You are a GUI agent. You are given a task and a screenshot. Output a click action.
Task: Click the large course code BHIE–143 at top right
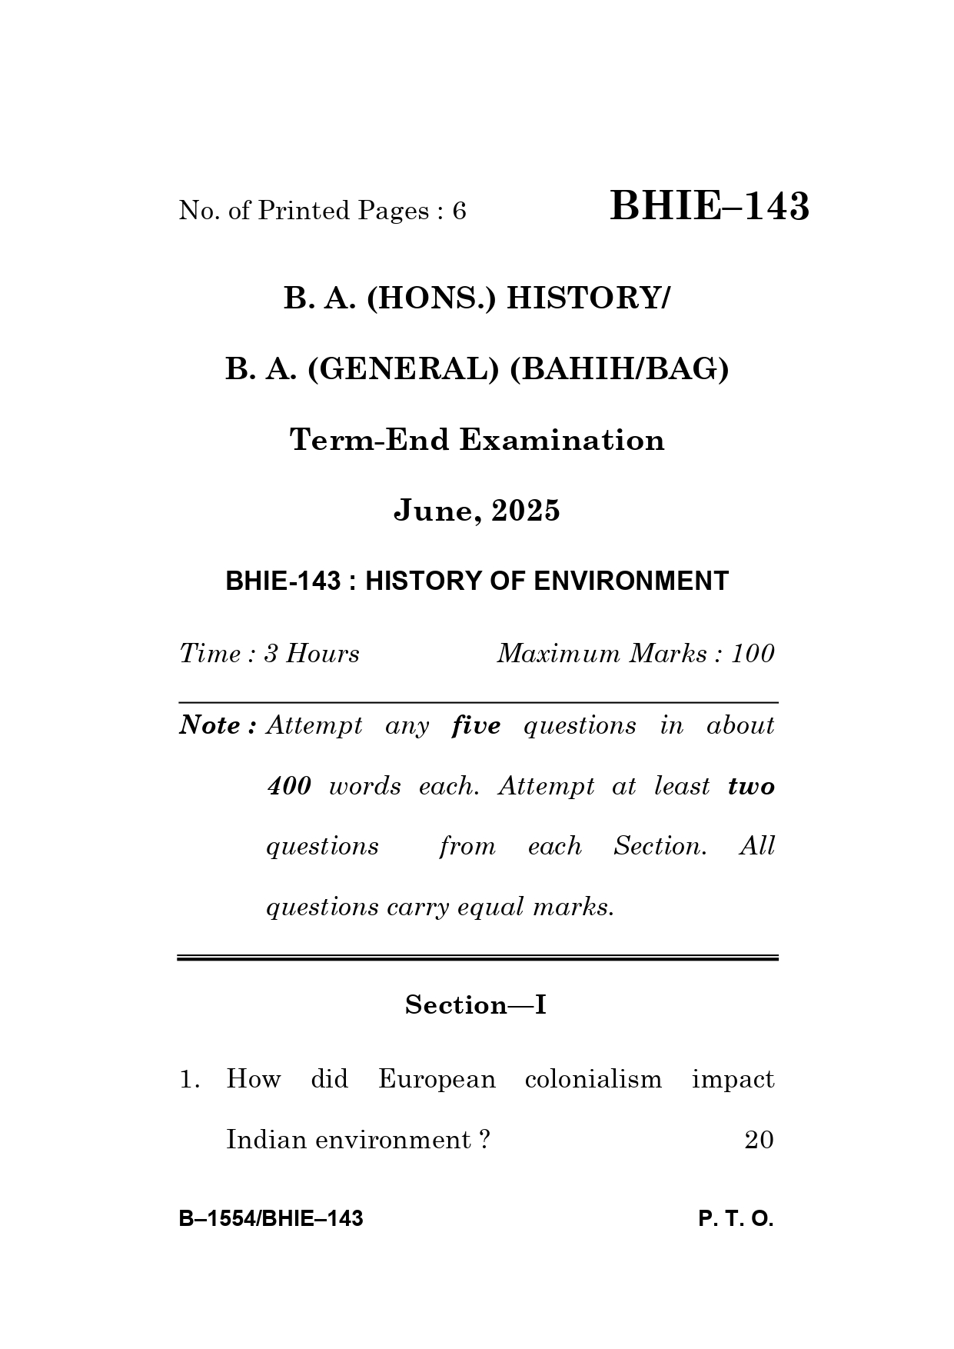pos(709,207)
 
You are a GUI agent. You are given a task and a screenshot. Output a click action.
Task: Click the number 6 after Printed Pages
pos(459,211)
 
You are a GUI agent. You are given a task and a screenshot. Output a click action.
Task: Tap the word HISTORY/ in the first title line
pos(587,298)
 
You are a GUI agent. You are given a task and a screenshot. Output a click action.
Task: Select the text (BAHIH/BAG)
pos(619,369)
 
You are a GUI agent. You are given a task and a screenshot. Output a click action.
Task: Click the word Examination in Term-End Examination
pos(561,440)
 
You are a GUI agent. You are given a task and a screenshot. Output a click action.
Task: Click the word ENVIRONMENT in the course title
pos(630,581)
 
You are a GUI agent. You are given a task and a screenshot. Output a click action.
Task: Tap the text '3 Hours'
pos(311,654)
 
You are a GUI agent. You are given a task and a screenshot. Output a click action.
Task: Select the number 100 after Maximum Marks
pos(753,654)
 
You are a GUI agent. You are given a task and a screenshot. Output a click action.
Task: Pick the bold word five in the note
pos(476,725)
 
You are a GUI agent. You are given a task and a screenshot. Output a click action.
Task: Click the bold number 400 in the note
pos(289,786)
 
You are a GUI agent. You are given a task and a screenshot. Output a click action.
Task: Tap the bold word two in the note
pos(751,786)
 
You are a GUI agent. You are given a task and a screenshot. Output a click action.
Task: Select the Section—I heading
pos(476,1005)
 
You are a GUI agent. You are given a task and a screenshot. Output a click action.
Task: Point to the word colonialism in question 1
pos(593,1079)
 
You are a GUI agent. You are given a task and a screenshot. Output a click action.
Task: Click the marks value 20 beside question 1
pos(759,1140)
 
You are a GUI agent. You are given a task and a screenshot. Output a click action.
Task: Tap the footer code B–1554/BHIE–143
pos(271,1219)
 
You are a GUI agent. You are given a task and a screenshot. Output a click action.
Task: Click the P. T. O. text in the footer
pos(736,1219)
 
